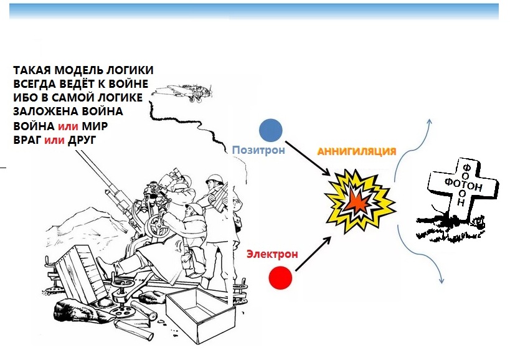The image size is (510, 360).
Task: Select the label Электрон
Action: [272, 254]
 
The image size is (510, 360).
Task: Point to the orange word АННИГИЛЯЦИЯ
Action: [357, 151]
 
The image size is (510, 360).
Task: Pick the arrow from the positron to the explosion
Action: [307, 159]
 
